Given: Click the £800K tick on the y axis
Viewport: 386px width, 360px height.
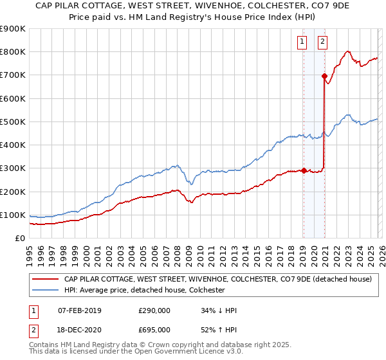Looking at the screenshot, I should [13, 52].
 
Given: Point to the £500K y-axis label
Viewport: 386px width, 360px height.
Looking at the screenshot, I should [13, 122].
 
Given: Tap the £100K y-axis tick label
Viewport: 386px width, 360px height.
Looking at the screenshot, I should [13, 215].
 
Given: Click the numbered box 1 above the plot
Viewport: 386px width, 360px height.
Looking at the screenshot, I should [302, 42].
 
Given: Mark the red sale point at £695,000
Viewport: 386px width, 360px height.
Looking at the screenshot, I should [324, 76].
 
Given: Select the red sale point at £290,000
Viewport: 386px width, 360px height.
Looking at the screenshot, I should [303, 170].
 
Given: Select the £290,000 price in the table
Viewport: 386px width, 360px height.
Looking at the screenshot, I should [154, 310].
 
